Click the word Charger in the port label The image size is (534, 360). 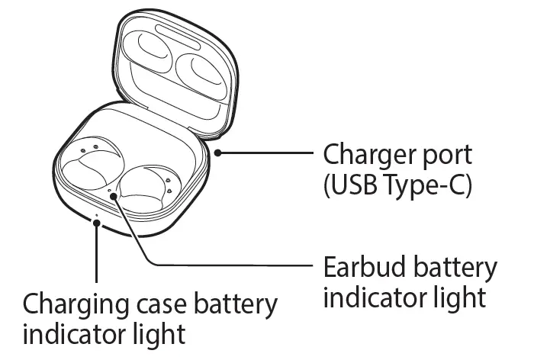pyautogui.click(x=372, y=156)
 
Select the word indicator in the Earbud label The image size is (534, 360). pyautogui.click(x=374, y=297)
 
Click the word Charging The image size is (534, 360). pyautogui.click(x=73, y=305)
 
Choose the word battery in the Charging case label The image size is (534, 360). pyautogui.click(x=232, y=305)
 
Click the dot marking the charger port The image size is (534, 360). pyautogui.click(x=219, y=153)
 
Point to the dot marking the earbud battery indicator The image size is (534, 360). pyautogui.click(x=114, y=196)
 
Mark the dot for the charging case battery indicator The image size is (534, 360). pyautogui.click(x=96, y=222)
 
